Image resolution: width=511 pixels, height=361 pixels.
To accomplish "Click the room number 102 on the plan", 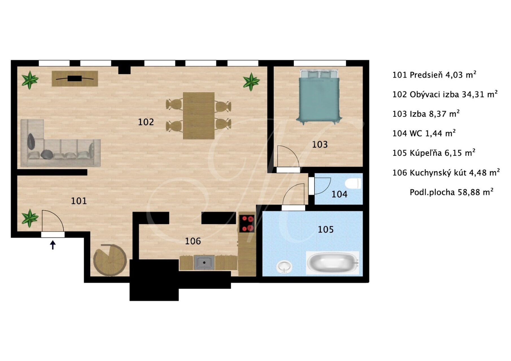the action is pyautogui.click(x=146, y=122).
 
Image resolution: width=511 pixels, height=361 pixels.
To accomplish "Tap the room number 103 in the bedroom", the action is pyautogui.click(x=320, y=144).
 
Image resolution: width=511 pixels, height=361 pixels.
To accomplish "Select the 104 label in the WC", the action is pyautogui.click(x=339, y=194).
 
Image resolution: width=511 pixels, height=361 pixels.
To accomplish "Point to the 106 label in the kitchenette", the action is pyautogui.click(x=193, y=241).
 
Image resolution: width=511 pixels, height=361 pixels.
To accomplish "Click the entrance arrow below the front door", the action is pyautogui.click(x=53, y=245).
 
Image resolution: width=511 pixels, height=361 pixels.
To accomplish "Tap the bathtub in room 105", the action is pyautogui.click(x=332, y=263).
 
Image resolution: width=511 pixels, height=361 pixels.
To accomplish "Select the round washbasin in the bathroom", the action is pyautogui.click(x=284, y=267).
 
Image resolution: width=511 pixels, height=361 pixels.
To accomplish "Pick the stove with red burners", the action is pyautogui.click(x=247, y=223).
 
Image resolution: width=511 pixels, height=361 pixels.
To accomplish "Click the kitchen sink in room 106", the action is pyautogui.click(x=204, y=263).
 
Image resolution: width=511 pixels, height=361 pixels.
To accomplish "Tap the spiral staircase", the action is pyautogui.click(x=110, y=260).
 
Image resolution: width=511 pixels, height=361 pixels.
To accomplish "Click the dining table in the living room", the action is pyautogui.click(x=198, y=116).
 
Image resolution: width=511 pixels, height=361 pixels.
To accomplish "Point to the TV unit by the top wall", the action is pyautogui.click(x=75, y=78).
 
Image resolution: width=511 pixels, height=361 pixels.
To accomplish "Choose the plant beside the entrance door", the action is pyautogui.click(x=30, y=218).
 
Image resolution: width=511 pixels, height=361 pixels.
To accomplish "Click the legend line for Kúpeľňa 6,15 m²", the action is pyautogui.click(x=434, y=153).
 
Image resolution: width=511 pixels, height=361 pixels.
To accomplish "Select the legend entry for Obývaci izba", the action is pyautogui.click(x=445, y=94).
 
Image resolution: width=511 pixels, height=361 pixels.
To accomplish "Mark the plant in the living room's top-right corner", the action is pyautogui.click(x=251, y=82).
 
